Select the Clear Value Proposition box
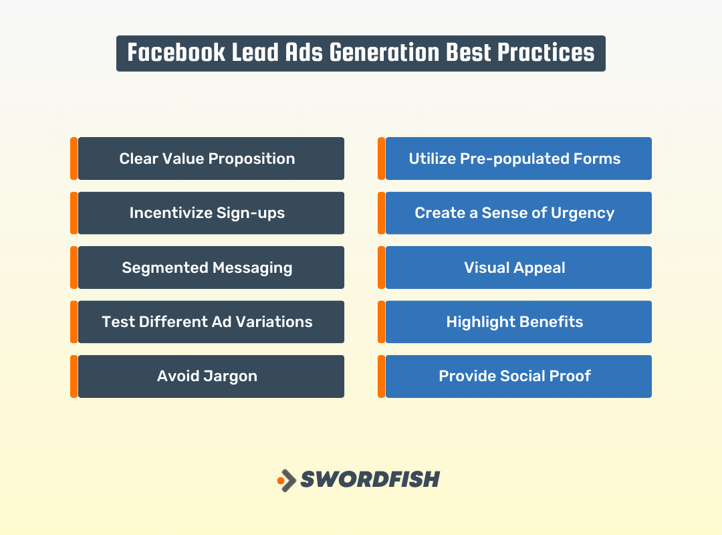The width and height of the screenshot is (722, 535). tap(211, 158)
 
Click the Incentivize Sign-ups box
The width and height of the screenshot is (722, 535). tap(211, 213)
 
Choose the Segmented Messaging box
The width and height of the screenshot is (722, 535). tap(211, 267)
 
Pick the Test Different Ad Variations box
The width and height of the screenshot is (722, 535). tap(211, 322)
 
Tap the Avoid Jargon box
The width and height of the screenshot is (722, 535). tap(211, 376)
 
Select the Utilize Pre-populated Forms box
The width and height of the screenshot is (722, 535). tap(518, 158)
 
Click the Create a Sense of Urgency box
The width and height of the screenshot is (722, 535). tap(518, 213)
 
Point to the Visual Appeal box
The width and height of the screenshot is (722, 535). tap(518, 267)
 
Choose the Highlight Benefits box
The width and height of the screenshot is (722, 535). tap(518, 322)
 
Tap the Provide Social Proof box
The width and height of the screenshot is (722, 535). tap(518, 376)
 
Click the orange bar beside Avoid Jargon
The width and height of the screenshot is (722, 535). tap(74, 376)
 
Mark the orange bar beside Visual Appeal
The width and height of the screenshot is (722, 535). tap(381, 267)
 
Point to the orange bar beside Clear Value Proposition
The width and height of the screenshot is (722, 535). tap(74, 158)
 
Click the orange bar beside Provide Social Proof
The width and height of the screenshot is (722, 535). tap(381, 376)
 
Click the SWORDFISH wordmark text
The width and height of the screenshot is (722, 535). tap(370, 479)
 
